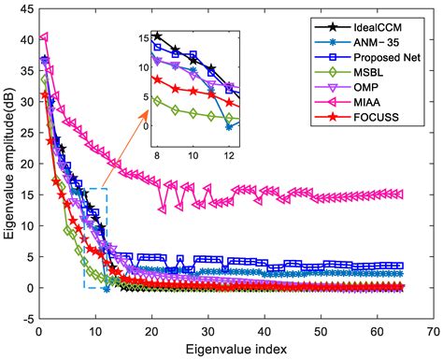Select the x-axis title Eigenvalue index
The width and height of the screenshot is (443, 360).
[x=234, y=351]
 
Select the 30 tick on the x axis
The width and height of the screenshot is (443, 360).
[x=207, y=331]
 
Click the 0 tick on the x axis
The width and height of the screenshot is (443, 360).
[x=36, y=331]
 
